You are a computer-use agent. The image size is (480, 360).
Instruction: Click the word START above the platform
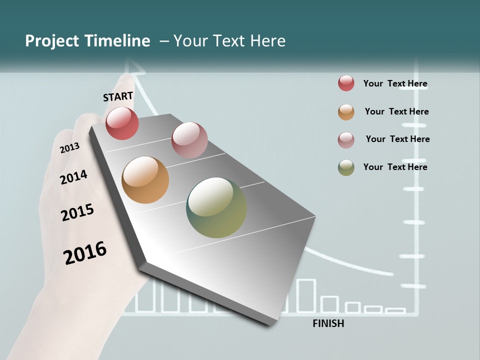(118, 96)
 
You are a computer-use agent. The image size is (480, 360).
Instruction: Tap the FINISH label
(328, 323)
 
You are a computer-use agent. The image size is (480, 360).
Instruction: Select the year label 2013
(69, 148)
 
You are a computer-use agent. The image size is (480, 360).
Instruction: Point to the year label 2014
(73, 177)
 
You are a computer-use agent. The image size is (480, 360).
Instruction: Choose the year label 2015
(77, 212)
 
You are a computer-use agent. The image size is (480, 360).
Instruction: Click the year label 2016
(85, 253)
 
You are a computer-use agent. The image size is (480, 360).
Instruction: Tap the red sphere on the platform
(122, 123)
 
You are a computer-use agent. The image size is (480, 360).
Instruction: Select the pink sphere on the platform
(189, 140)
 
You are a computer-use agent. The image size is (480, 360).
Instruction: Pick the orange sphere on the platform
(145, 180)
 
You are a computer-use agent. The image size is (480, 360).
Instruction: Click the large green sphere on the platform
(216, 207)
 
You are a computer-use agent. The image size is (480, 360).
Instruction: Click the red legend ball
(346, 83)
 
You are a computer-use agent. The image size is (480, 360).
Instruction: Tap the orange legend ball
(346, 112)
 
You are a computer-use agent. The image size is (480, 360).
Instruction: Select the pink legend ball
(346, 139)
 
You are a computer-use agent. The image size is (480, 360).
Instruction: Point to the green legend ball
(346, 167)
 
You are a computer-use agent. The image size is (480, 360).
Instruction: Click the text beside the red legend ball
(395, 83)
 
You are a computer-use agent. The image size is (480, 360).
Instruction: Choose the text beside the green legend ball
(395, 167)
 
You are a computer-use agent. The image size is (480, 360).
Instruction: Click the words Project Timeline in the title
(87, 41)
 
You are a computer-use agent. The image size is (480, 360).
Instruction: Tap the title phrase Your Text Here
(229, 41)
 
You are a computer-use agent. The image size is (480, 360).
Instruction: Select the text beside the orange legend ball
(396, 111)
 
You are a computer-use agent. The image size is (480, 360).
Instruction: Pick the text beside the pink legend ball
(397, 139)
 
